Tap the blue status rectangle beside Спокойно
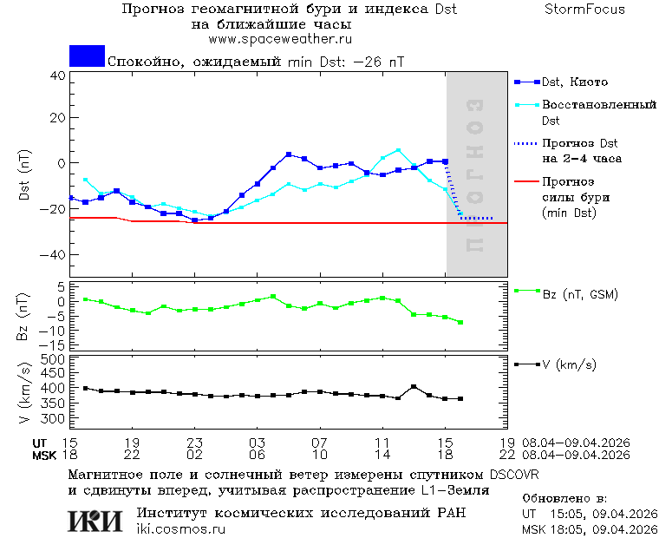(87, 56)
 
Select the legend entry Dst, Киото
(574, 82)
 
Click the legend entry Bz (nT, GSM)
(579, 295)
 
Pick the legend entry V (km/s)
(569, 365)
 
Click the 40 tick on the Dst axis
(58, 75)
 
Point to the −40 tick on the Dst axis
(55, 255)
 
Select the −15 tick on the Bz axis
(55, 345)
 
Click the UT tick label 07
(319, 442)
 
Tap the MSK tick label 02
(194, 455)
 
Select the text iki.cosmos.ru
(181, 529)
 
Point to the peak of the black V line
(414, 387)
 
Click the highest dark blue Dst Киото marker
(289, 154)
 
